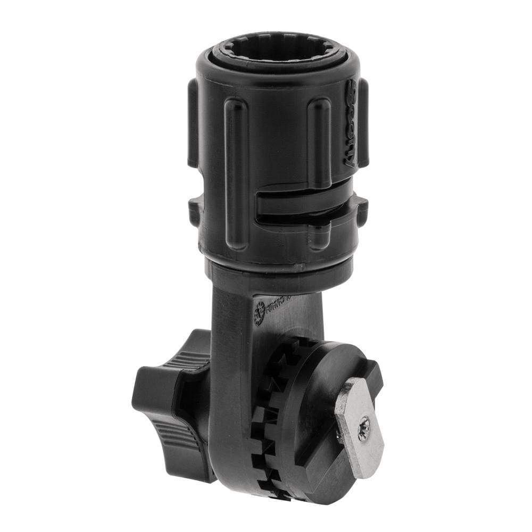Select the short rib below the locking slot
point(319,234)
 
